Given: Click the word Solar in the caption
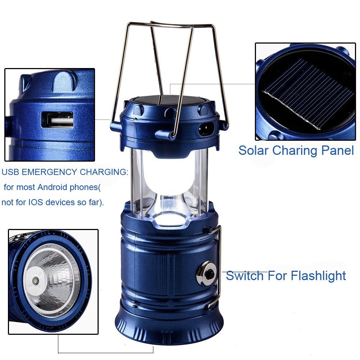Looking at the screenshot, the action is (x=253, y=150).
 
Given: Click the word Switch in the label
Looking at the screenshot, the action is (x=244, y=276).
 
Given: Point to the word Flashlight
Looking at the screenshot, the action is (x=319, y=276).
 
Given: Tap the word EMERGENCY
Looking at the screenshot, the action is (x=49, y=172).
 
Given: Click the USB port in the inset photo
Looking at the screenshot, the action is (x=58, y=120).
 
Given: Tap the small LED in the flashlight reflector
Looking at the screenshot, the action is (x=35, y=281).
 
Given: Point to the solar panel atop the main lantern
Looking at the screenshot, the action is (x=169, y=100).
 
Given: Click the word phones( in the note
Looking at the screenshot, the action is (x=85, y=188).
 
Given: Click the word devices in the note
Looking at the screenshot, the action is (x=60, y=202).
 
